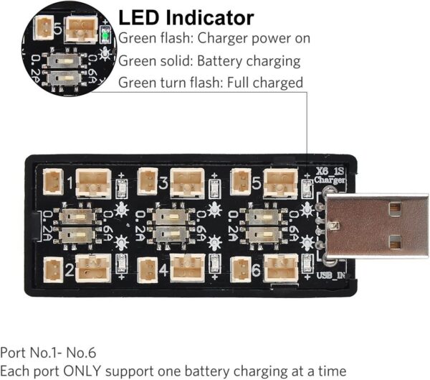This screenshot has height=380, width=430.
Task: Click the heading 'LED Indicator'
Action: [x=186, y=17]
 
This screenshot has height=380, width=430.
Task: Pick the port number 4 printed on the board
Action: [x=164, y=270]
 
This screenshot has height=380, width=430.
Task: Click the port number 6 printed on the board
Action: [x=257, y=270]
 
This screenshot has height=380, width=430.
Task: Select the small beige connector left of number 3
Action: [x=146, y=180]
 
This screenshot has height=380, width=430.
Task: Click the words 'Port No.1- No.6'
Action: [x=47, y=353]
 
